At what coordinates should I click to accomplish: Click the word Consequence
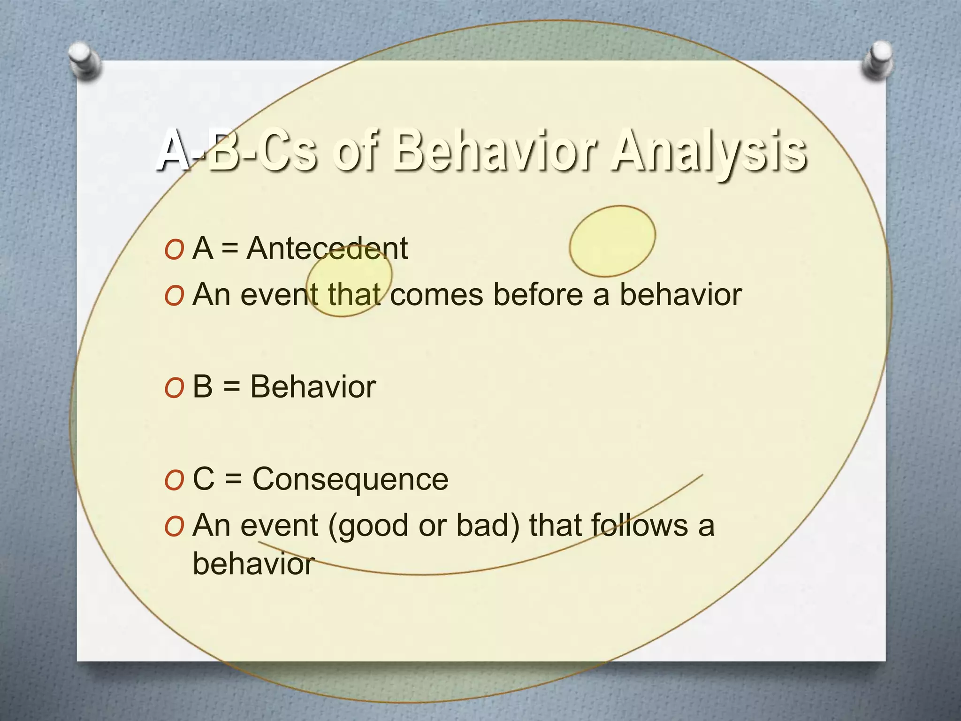350,479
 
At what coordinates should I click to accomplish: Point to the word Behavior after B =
313,387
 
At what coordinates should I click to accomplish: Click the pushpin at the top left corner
84,60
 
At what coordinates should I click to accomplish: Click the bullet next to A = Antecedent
174,250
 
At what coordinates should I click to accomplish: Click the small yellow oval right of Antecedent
612,241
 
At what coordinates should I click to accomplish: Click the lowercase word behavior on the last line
253,563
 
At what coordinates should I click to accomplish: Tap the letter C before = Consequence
204,479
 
